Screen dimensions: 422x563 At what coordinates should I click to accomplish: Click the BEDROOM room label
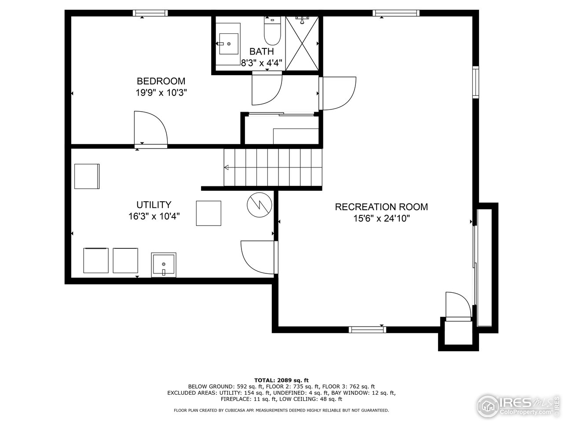(x=161, y=81)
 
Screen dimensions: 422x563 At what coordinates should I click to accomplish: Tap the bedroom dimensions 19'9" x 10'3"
(x=161, y=93)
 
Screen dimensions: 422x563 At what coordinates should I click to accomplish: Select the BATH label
(x=261, y=51)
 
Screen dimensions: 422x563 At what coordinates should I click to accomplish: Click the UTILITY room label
(x=154, y=205)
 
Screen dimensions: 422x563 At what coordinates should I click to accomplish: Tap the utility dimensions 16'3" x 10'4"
(x=154, y=216)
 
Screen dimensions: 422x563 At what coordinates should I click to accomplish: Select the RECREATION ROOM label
(x=381, y=207)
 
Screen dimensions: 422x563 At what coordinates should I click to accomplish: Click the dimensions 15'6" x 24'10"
(x=381, y=218)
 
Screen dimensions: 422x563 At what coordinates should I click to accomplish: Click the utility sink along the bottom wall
(x=164, y=265)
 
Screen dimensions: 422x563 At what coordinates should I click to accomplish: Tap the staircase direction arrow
(x=227, y=167)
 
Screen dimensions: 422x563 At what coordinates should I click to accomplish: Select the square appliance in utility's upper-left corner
(x=87, y=176)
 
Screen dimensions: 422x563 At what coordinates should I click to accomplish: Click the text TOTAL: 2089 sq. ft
(x=281, y=380)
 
